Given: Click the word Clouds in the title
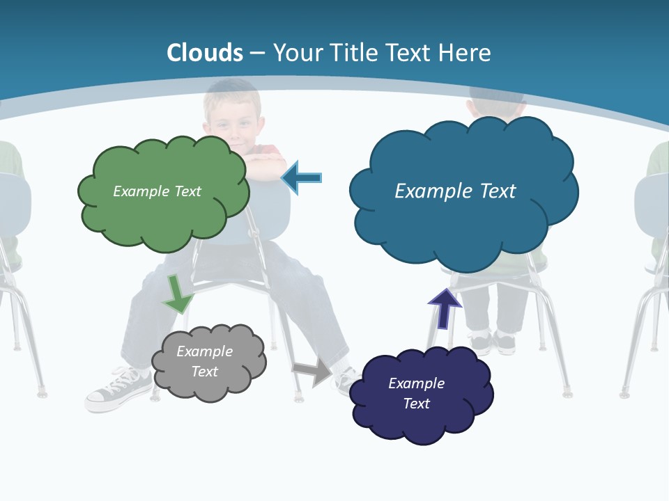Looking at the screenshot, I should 205,52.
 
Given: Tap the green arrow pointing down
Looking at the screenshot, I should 177,295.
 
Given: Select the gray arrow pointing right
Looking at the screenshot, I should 312,371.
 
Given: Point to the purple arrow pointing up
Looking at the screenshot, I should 444,309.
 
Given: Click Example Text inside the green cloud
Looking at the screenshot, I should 157,191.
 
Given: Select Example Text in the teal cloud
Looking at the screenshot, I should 455,191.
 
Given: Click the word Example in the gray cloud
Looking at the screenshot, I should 204,351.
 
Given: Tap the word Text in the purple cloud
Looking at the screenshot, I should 416,404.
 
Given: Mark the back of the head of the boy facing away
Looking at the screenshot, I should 496,104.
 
